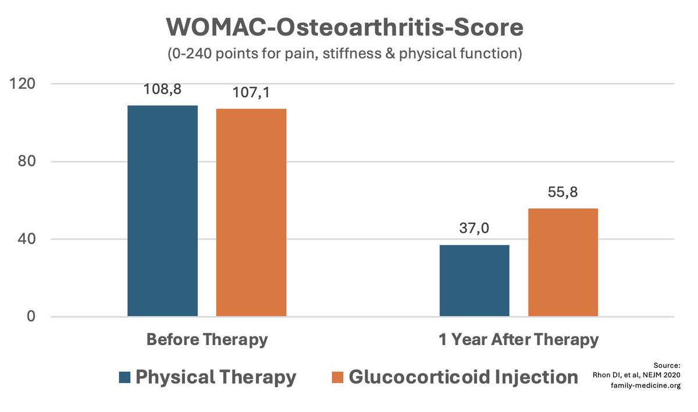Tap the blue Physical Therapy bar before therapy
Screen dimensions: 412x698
pos(162,211)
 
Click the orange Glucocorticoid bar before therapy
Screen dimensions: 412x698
pos(251,212)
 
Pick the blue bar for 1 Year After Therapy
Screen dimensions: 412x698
pos(474,280)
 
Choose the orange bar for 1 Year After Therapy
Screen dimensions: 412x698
pos(562,262)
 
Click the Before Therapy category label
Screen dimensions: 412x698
pos(207,340)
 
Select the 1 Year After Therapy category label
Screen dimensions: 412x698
pos(519,340)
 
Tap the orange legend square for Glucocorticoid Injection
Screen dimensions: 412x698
pos(337,377)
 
